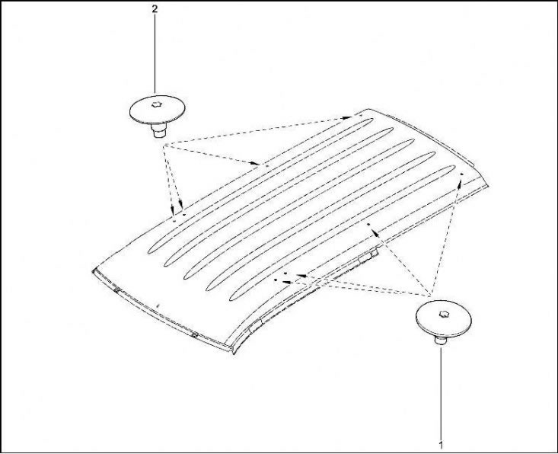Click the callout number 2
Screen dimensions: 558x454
(155, 9)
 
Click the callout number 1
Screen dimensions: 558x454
(442, 445)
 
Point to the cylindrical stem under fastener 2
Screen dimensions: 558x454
(158, 130)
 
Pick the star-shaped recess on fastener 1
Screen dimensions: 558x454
(443, 314)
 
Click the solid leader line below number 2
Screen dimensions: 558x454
(155, 54)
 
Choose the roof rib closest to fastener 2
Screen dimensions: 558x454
(260, 186)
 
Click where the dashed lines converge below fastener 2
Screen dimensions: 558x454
(164, 145)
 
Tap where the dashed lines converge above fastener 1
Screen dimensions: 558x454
(431, 296)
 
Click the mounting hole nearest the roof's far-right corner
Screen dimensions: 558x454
(461, 174)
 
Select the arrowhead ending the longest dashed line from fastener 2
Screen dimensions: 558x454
(346, 117)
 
